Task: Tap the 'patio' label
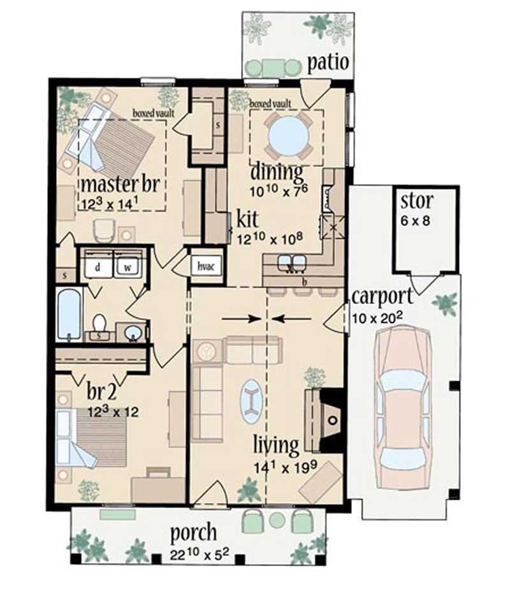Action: point(328,63)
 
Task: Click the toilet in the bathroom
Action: point(99,324)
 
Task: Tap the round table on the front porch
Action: point(277,520)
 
